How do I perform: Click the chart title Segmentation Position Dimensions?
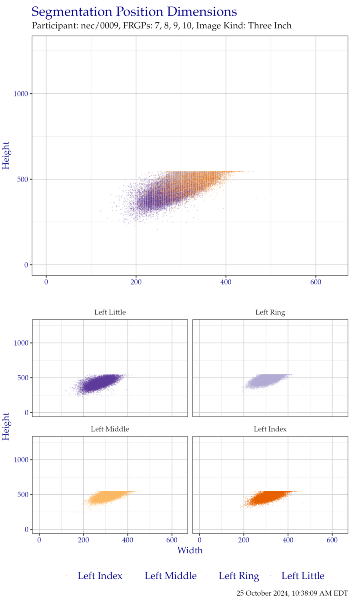[134, 12]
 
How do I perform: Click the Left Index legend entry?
[100, 576]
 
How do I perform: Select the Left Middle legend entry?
[170, 576]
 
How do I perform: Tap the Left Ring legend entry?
[239, 576]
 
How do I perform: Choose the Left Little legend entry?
[303, 576]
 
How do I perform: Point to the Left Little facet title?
[110, 312]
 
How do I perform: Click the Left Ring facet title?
[270, 312]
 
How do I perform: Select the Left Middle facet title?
[110, 429]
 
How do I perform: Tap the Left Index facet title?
[270, 429]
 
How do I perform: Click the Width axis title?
[190, 550]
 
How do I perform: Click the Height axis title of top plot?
[6, 155]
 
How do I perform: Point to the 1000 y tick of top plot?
[21, 94]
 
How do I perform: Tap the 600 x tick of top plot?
[316, 282]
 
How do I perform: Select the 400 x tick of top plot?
[226, 282]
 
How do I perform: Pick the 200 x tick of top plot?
[136, 282]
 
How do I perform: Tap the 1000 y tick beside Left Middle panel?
[21, 460]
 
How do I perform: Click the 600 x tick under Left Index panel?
[332, 540]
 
